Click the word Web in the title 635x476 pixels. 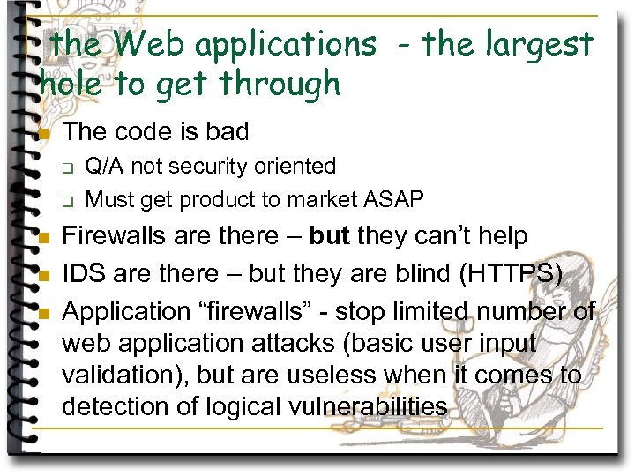tap(145, 43)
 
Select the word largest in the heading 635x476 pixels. tap(535, 44)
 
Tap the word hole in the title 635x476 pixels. tap(71, 83)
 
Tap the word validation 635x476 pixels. tap(124, 375)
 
